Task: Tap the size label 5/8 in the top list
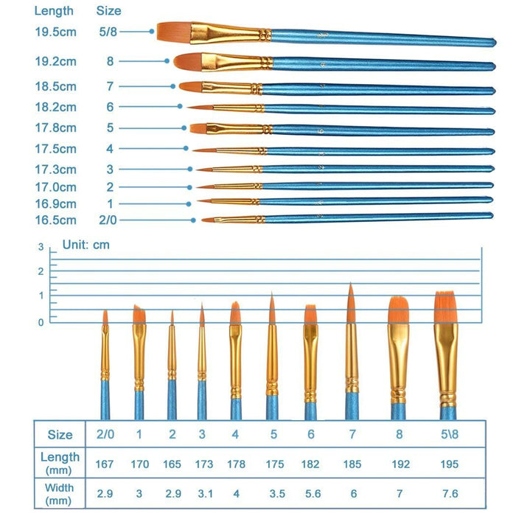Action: tap(109, 31)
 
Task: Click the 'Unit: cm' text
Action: tap(86, 245)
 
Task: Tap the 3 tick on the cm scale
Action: tap(41, 248)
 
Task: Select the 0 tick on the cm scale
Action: tap(41, 321)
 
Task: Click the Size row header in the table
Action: tap(60, 435)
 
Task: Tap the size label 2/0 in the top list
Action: tap(109, 220)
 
